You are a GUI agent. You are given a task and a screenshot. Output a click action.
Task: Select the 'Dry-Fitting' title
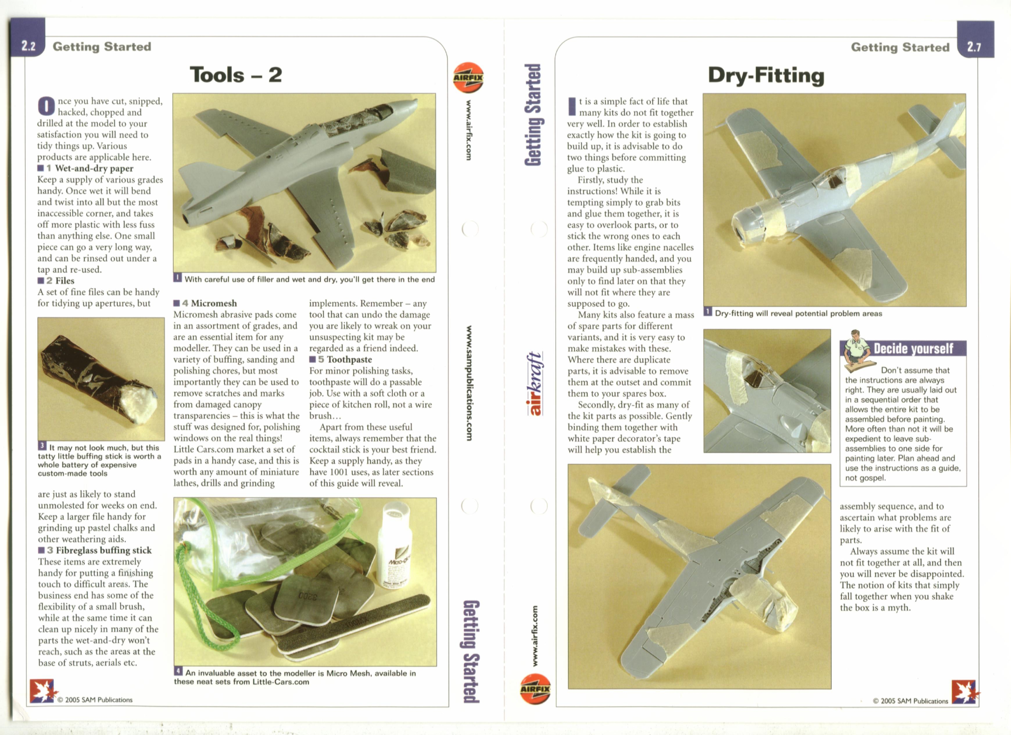tap(766, 75)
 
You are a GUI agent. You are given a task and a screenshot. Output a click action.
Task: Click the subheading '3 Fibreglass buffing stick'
tap(95, 550)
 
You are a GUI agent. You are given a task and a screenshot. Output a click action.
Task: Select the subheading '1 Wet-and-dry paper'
tap(86, 168)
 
